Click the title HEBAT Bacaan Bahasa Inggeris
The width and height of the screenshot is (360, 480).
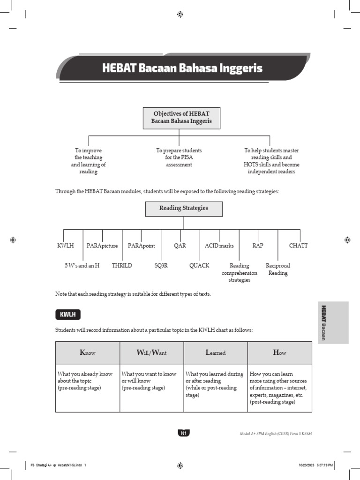pyautogui.click(x=182, y=68)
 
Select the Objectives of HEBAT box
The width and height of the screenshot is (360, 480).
pyautogui.click(x=181, y=118)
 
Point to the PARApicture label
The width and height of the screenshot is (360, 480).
pyautogui.click(x=102, y=246)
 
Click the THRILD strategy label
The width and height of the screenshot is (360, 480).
pyautogui.click(x=122, y=266)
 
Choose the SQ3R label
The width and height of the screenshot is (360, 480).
pyautogui.click(x=161, y=266)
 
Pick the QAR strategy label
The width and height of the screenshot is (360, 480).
pyautogui.click(x=180, y=246)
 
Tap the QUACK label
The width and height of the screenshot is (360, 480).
pyautogui.click(x=199, y=266)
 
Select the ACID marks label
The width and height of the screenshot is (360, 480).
pyautogui.click(x=219, y=246)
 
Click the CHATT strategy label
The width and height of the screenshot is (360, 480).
pyautogui.click(x=299, y=246)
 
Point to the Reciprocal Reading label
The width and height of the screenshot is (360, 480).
pyautogui.click(x=278, y=269)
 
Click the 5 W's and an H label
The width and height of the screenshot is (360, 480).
pyautogui.click(x=82, y=266)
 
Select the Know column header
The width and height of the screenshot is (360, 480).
pyautogui.click(x=88, y=352)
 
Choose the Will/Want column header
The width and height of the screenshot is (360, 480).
pyautogui.click(x=152, y=352)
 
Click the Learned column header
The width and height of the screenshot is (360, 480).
pyautogui.click(x=216, y=352)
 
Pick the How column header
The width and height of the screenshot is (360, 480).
pyautogui.click(x=279, y=352)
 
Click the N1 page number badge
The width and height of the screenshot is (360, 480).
pyautogui.click(x=183, y=433)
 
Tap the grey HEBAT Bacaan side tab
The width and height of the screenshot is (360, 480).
pyautogui.click(x=333, y=322)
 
